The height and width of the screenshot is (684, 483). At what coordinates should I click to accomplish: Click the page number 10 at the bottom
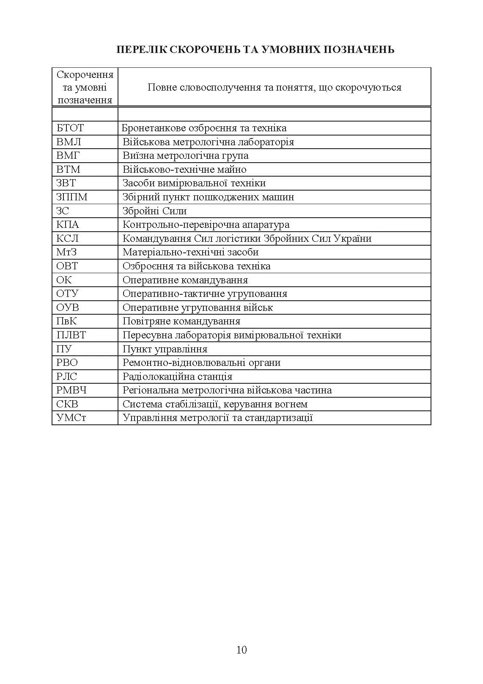tap(242, 650)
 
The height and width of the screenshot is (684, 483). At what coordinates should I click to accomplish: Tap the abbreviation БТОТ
tap(70, 128)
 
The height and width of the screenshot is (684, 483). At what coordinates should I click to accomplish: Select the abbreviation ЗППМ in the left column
tap(72, 197)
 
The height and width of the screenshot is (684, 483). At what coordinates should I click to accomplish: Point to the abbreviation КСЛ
tap(68, 238)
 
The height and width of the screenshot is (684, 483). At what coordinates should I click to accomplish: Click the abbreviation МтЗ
tap(66, 252)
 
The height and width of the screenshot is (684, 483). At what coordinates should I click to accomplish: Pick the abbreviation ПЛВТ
tap(71, 335)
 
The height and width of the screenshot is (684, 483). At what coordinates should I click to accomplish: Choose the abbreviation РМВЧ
tap(71, 390)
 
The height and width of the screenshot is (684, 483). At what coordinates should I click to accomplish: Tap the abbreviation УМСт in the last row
tap(71, 418)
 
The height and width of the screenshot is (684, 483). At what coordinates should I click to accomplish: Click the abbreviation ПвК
tap(66, 321)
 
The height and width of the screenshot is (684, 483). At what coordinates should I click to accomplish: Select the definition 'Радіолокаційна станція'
tap(177, 377)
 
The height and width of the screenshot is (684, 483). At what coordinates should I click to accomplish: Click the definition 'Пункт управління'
tap(165, 349)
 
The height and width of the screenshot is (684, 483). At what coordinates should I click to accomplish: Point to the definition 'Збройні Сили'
tap(154, 211)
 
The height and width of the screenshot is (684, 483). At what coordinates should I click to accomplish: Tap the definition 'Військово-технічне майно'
tap(184, 169)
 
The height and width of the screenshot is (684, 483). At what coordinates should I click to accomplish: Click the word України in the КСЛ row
tap(352, 238)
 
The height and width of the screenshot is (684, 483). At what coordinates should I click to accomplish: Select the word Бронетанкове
tap(153, 128)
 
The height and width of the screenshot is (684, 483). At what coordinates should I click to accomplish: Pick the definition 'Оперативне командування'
tap(185, 280)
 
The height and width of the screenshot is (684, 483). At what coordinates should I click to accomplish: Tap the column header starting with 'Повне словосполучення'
tap(274, 88)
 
